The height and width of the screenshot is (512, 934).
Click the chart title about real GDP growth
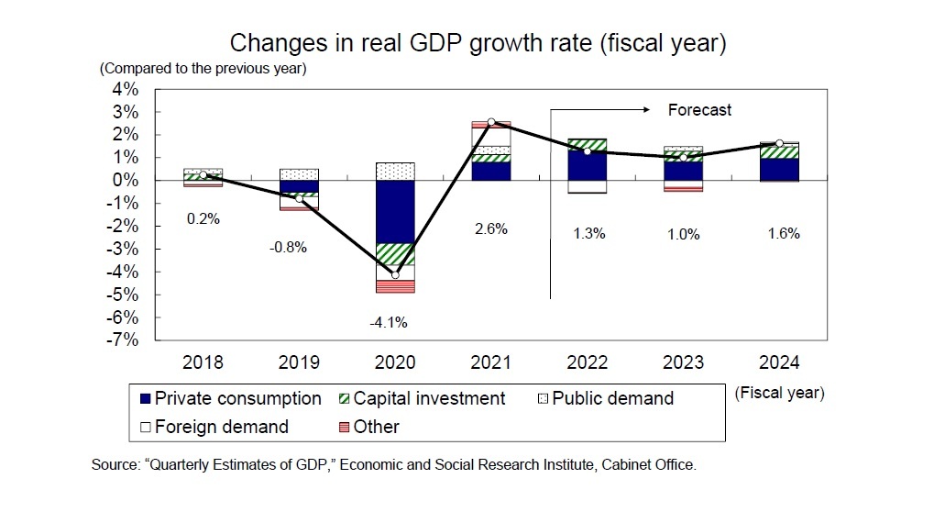478,43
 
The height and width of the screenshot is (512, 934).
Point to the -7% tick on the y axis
124,339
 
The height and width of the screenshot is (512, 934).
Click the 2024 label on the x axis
780,362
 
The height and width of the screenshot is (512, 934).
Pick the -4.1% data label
389,322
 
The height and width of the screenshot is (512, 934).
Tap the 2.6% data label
491,229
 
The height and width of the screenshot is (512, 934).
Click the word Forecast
699,110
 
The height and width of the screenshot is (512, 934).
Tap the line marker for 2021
491,122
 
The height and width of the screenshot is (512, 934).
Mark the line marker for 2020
396,274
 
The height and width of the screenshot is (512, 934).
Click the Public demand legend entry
606,398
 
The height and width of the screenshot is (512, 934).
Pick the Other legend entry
367,427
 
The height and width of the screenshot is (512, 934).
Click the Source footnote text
394,465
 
